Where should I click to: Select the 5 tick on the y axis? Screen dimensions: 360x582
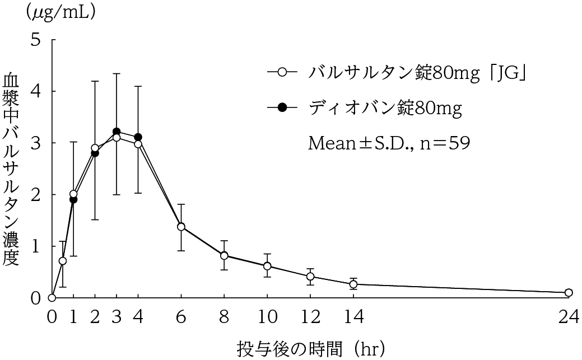[36, 40]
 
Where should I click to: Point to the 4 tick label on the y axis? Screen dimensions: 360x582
[36, 91]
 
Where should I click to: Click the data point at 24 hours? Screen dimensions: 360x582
[569, 292]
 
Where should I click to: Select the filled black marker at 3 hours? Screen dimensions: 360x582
[117, 132]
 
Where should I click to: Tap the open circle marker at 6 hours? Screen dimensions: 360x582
[181, 227]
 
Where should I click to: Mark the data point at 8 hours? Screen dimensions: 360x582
[224, 255]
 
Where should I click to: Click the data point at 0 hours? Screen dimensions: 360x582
[52, 297]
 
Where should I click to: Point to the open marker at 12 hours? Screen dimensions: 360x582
[310, 276]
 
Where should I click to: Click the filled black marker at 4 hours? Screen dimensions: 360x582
[138, 137]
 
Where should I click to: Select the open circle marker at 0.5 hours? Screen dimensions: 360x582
[63, 260]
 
